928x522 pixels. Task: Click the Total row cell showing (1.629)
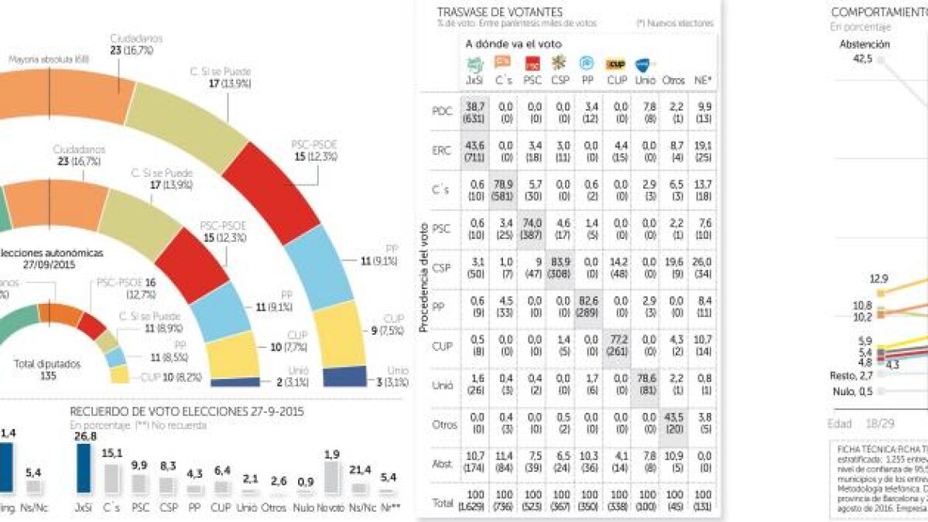click(x=474, y=508)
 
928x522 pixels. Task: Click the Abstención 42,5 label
click(x=865, y=50)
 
